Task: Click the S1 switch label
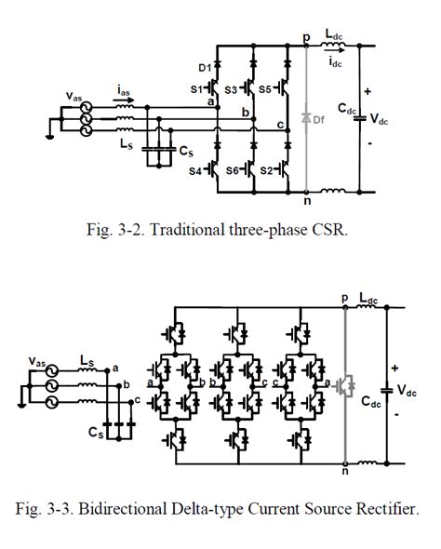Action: click(196, 88)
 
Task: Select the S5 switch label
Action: click(265, 88)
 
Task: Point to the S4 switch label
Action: click(196, 170)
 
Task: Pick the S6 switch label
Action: click(234, 170)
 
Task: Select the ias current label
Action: click(123, 90)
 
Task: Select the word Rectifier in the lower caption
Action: click(381, 508)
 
